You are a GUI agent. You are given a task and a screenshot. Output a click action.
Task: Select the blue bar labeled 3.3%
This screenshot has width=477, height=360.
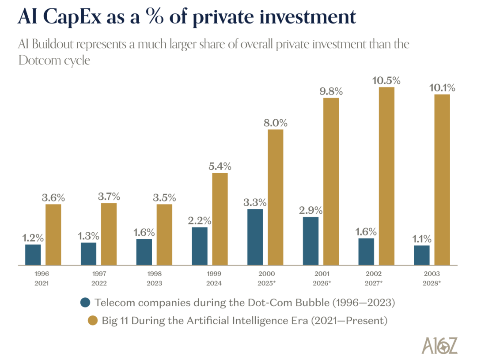pos(255,237)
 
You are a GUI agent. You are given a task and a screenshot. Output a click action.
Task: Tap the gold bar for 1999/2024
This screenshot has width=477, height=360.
pos(220,219)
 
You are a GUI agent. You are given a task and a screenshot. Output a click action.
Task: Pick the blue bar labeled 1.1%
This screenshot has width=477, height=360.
pos(421,255)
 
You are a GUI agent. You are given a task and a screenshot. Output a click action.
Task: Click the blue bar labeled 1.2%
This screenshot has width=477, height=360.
pos(33,254)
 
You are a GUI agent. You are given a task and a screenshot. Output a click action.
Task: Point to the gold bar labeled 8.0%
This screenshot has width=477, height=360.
pos(276,197)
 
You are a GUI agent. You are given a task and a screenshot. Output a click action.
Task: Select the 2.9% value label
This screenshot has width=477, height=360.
pos(310,210)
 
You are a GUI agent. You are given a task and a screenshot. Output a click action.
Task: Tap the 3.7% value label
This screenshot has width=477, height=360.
pos(109,196)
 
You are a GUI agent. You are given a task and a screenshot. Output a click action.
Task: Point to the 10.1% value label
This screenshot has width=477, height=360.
pos(442,87)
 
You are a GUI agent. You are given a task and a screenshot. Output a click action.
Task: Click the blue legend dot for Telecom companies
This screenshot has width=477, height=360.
pos(86,303)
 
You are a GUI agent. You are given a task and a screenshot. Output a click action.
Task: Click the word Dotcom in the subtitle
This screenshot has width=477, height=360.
pos(39,60)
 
